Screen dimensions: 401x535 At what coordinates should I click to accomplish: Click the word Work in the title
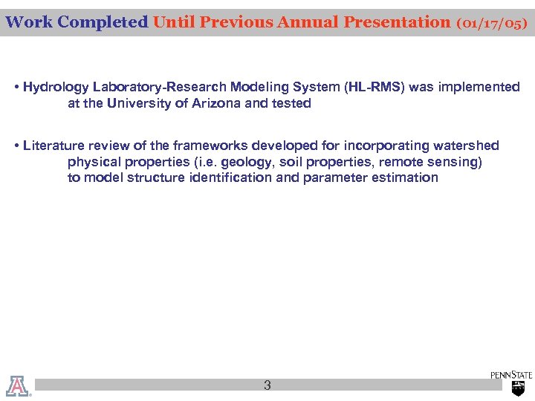click(x=29, y=22)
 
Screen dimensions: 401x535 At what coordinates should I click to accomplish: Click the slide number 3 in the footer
click(x=267, y=385)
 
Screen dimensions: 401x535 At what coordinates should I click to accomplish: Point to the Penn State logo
click(x=512, y=382)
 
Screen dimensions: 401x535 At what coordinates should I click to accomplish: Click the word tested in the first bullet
click(x=291, y=104)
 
